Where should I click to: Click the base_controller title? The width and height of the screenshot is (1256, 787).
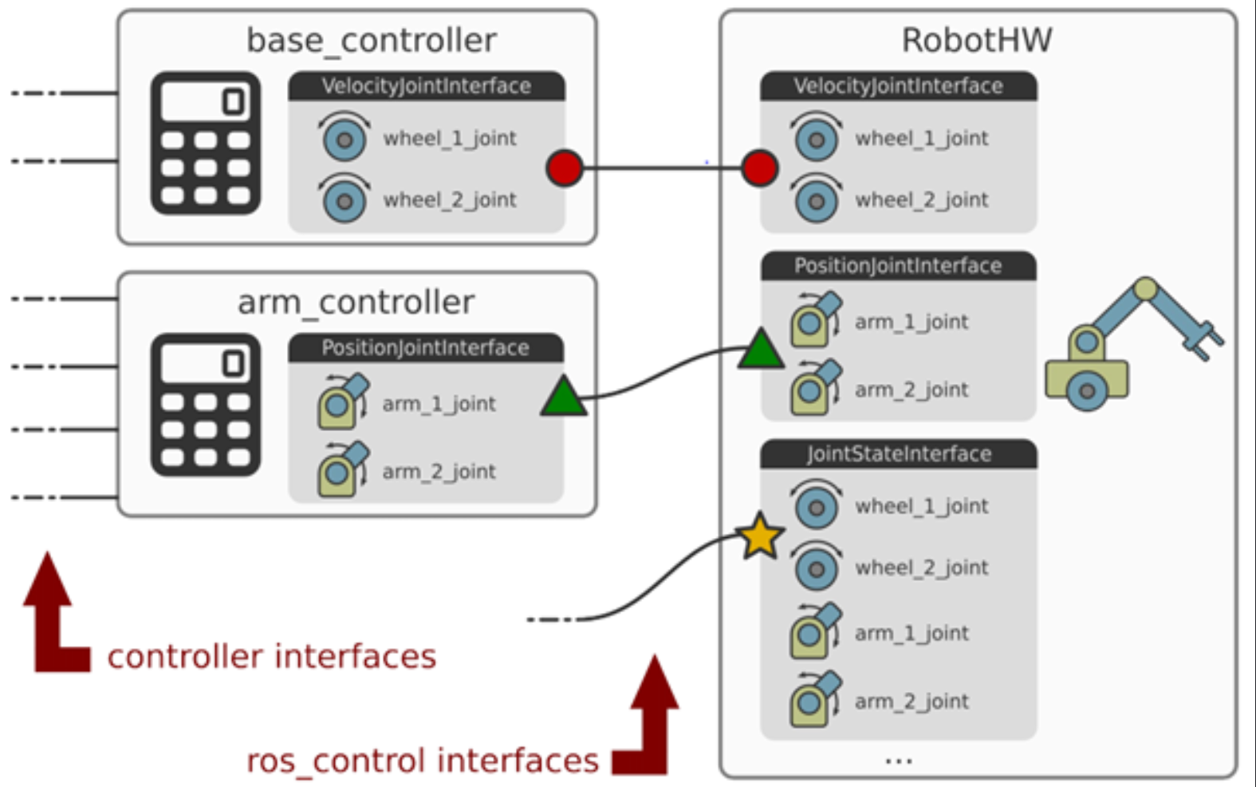coord(371,40)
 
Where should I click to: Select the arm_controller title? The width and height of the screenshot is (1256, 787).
coord(356,303)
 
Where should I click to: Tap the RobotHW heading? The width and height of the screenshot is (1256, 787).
coord(976,40)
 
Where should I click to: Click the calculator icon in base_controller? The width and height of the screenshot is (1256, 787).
coord(206,143)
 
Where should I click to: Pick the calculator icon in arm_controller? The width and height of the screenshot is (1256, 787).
coord(206,405)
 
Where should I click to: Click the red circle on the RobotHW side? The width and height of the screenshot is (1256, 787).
coord(758,168)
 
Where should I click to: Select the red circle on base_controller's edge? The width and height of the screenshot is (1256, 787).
coord(564,168)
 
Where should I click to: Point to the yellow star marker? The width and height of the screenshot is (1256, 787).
coord(760,536)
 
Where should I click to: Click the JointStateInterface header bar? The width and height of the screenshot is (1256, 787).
coord(898,454)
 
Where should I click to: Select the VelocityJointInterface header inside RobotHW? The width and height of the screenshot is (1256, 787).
coord(898,86)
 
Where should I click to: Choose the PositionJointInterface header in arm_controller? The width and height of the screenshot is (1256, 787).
coord(425,348)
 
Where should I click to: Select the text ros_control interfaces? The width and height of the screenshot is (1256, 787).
coord(422,761)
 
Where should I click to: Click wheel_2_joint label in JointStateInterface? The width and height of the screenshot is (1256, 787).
coord(921,568)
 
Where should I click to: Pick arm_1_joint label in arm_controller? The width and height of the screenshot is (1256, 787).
coord(439,404)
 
